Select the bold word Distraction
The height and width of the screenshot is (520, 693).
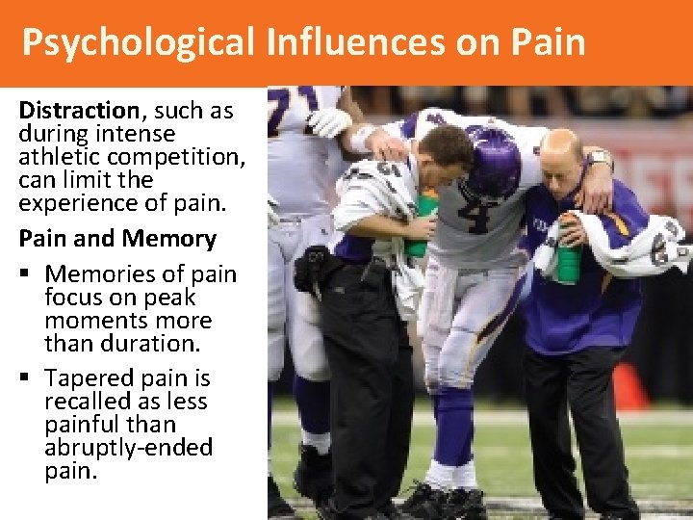point(79,111)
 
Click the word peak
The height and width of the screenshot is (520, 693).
point(168,298)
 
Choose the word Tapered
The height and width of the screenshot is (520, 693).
point(93,378)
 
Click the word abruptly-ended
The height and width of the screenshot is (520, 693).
point(129,448)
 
